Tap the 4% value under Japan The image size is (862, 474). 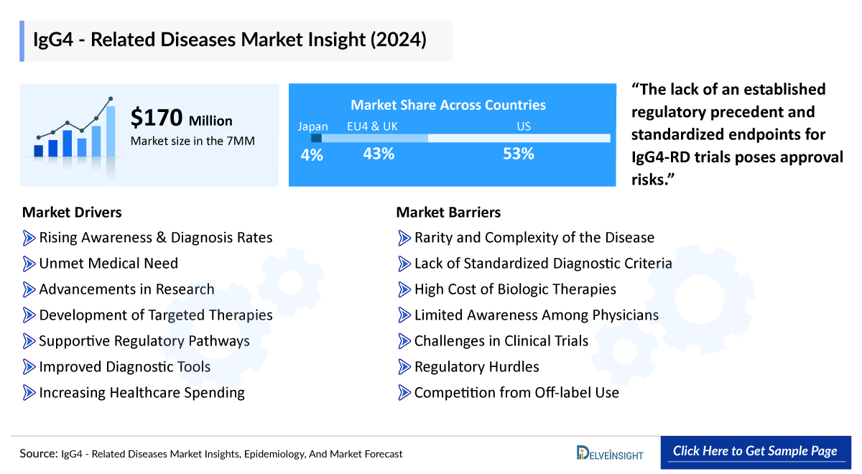click(x=312, y=154)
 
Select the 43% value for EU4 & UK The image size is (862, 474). click(x=378, y=154)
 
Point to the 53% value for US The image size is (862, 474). click(x=518, y=154)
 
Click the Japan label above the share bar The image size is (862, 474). click(x=312, y=126)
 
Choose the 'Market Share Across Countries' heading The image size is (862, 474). click(x=448, y=105)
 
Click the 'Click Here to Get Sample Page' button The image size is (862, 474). click(x=755, y=451)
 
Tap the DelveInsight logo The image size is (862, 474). click(x=610, y=452)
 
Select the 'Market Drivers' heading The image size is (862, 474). click(x=72, y=212)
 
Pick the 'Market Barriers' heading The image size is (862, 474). click(x=448, y=212)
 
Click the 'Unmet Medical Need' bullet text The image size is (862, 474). click(x=108, y=264)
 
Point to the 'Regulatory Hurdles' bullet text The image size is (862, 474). click(x=476, y=367)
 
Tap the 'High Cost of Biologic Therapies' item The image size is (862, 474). click(x=515, y=289)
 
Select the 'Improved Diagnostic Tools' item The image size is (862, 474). click(x=124, y=367)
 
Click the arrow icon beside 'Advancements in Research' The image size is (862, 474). click(x=29, y=289)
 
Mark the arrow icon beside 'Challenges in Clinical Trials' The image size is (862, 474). click(x=404, y=341)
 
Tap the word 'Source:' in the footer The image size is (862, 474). click(x=39, y=454)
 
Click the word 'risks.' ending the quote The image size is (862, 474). click(x=655, y=179)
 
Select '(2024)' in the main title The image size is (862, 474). click(x=398, y=39)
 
